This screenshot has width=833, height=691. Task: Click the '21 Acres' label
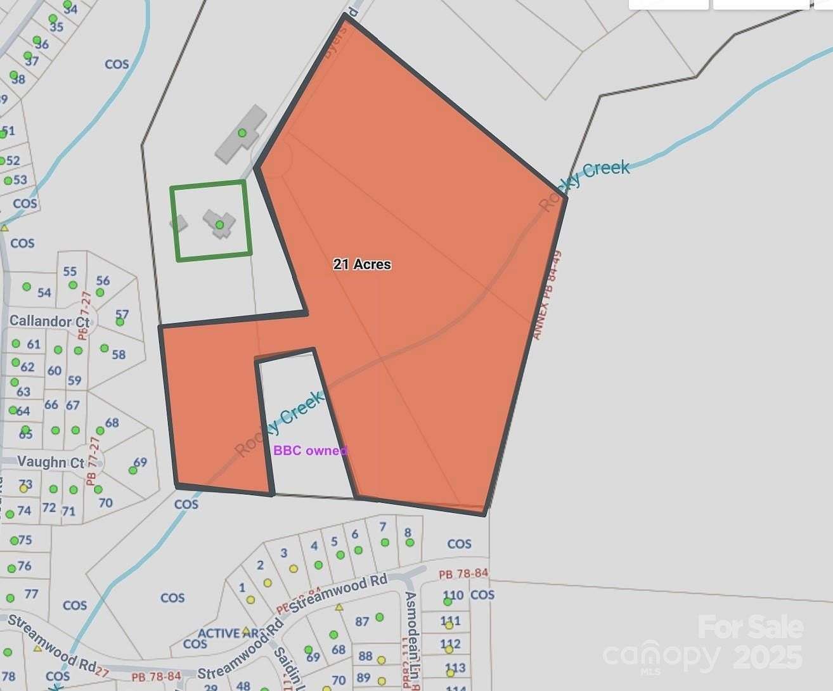click(362, 264)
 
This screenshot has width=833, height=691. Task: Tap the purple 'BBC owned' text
click(310, 451)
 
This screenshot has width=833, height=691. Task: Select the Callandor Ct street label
click(49, 321)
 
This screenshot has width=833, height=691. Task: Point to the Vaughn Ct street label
click(50, 462)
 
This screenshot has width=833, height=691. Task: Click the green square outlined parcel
click(211, 221)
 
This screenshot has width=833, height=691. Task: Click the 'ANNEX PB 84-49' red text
click(547, 295)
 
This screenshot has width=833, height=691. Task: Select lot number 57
click(122, 314)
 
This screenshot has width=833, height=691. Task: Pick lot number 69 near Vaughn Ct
click(140, 462)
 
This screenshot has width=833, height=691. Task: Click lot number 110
click(453, 595)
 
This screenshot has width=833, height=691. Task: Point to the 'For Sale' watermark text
click(751, 628)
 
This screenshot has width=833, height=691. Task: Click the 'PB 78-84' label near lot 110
click(463, 574)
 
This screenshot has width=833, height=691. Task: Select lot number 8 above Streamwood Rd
click(408, 533)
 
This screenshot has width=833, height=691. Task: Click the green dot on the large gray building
click(242, 133)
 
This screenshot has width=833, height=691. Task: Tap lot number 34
click(70, 10)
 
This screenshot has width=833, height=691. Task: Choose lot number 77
click(31, 594)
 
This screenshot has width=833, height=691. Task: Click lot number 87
click(361, 621)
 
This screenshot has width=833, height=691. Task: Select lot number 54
click(44, 293)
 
